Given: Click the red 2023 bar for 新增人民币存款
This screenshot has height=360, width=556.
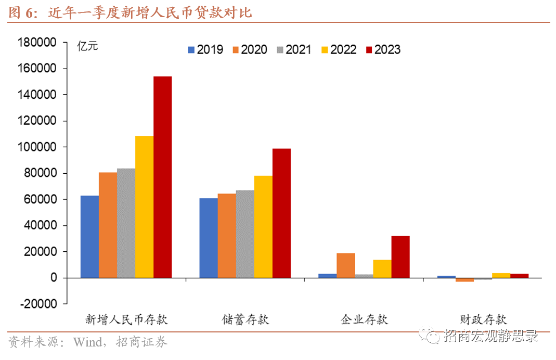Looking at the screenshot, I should point(162,177).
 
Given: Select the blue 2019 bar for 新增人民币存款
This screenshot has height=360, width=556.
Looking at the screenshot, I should point(89,237).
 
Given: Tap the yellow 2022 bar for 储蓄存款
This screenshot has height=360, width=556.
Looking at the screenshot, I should point(263,227).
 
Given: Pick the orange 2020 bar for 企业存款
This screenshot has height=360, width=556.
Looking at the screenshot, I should point(346,265).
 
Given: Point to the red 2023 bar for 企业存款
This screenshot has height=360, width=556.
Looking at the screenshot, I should point(400,257).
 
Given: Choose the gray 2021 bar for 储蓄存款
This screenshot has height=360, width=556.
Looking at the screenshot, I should point(245,234).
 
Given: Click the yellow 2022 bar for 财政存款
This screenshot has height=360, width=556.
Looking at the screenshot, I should point(501,275).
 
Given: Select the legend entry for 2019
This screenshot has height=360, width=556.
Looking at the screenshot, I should point(205,50).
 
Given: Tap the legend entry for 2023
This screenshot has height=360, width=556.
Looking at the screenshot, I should point(383,50).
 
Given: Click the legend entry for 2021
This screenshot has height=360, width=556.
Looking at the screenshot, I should point(294,50).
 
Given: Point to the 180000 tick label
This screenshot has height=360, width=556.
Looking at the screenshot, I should point(36,43).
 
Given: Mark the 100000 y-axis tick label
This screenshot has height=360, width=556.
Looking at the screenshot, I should point(36,147).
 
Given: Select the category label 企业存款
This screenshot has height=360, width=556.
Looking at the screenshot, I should point(364,319).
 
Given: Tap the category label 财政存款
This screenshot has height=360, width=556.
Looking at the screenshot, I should point(483,319).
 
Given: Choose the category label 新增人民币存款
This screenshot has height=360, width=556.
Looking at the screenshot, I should point(126,319).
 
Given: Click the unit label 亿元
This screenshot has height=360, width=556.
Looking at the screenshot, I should point(87,46).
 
